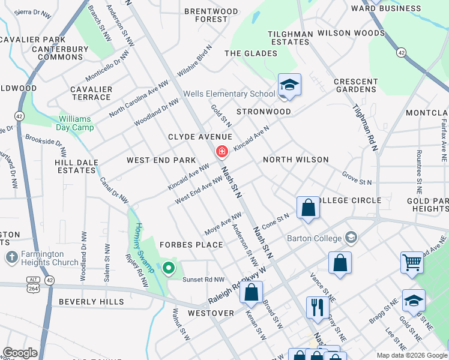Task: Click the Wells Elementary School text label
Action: click(229, 94)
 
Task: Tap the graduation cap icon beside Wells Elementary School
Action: click(289, 85)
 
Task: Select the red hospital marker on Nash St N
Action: click(222, 152)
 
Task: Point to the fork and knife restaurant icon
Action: click(318, 307)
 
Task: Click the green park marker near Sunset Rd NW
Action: click(169, 268)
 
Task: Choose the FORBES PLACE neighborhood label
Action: click(191, 245)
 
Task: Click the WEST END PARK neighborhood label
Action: click(161, 160)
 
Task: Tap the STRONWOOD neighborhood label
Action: click(264, 112)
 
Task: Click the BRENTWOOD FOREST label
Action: click(211, 15)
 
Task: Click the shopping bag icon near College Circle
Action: click(308, 209)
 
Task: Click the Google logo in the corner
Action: click(20, 353)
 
